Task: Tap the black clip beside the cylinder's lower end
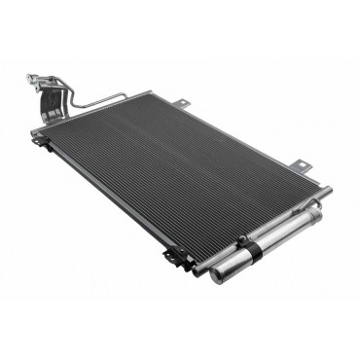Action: coord(174,257)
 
